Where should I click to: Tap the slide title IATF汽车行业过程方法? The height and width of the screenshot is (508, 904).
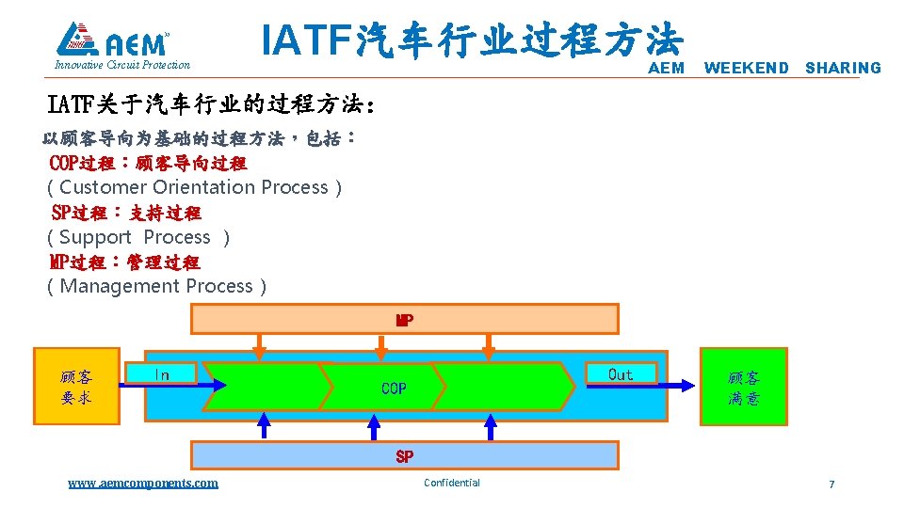(x=471, y=40)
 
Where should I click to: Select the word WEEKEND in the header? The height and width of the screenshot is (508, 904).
(x=746, y=68)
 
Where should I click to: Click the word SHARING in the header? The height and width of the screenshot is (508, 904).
(x=843, y=68)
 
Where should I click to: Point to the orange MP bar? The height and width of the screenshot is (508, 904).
(x=404, y=320)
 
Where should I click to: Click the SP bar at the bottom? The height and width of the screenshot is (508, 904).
(x=404, y=456)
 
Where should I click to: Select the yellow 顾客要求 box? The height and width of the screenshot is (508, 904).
(x=76, y=387)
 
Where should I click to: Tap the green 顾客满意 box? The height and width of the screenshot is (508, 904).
(x=743, y=387)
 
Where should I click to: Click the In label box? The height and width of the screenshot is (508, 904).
(x=162, y=374)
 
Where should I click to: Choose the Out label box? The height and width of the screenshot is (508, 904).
(x=621, y=374)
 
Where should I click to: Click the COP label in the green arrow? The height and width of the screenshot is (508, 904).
(x=394, y=388)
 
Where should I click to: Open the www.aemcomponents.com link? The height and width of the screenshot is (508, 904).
(x=142, y=483)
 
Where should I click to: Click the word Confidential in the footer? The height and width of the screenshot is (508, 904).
(x=452, y=483)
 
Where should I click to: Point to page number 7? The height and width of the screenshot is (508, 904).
(x=831, y=484)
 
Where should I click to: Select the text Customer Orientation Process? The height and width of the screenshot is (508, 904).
(x=194, y=187)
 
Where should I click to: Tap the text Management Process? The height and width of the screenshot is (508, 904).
(x=156, y=286)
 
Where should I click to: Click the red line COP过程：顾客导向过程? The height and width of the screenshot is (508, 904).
(x=148, y=163)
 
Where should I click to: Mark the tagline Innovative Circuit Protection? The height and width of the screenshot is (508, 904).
(x=122, y=65)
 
